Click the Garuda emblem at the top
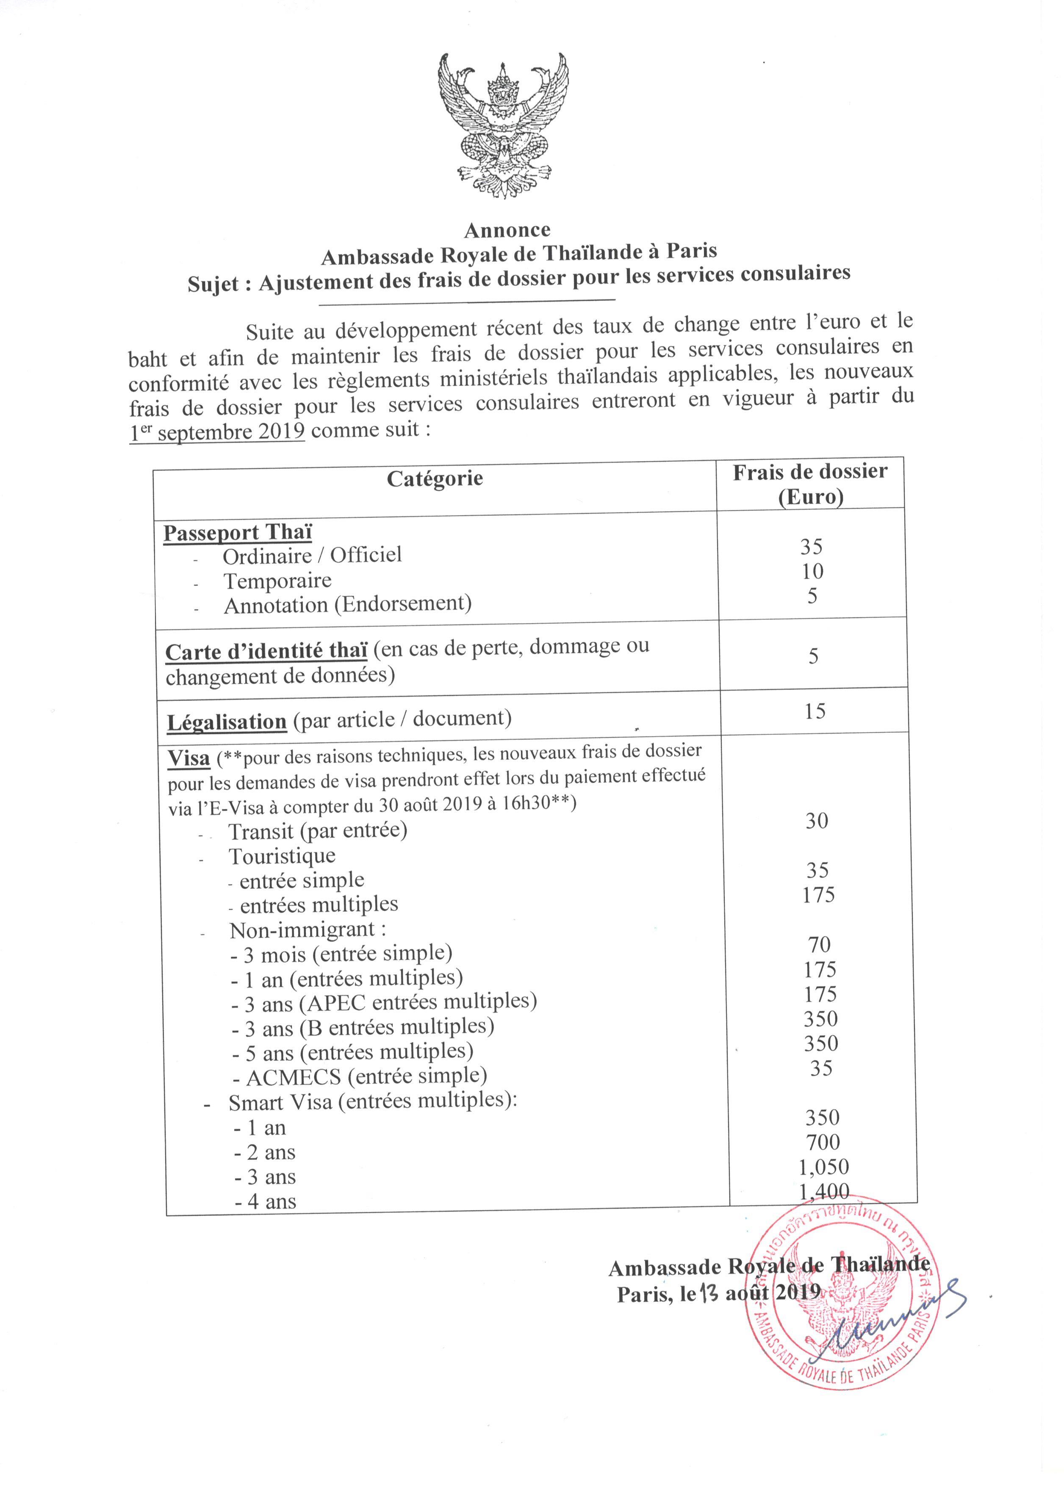(x=502, y=126)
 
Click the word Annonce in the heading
(x=507, y=230)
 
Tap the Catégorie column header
(x=435, y=478)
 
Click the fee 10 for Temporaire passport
(x=812, y=571)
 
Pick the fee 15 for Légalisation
(x=815, y=711)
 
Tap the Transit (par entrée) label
(x=318, y=830)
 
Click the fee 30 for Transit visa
(x=817, y=821)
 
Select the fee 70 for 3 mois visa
(x=818, y=944)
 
